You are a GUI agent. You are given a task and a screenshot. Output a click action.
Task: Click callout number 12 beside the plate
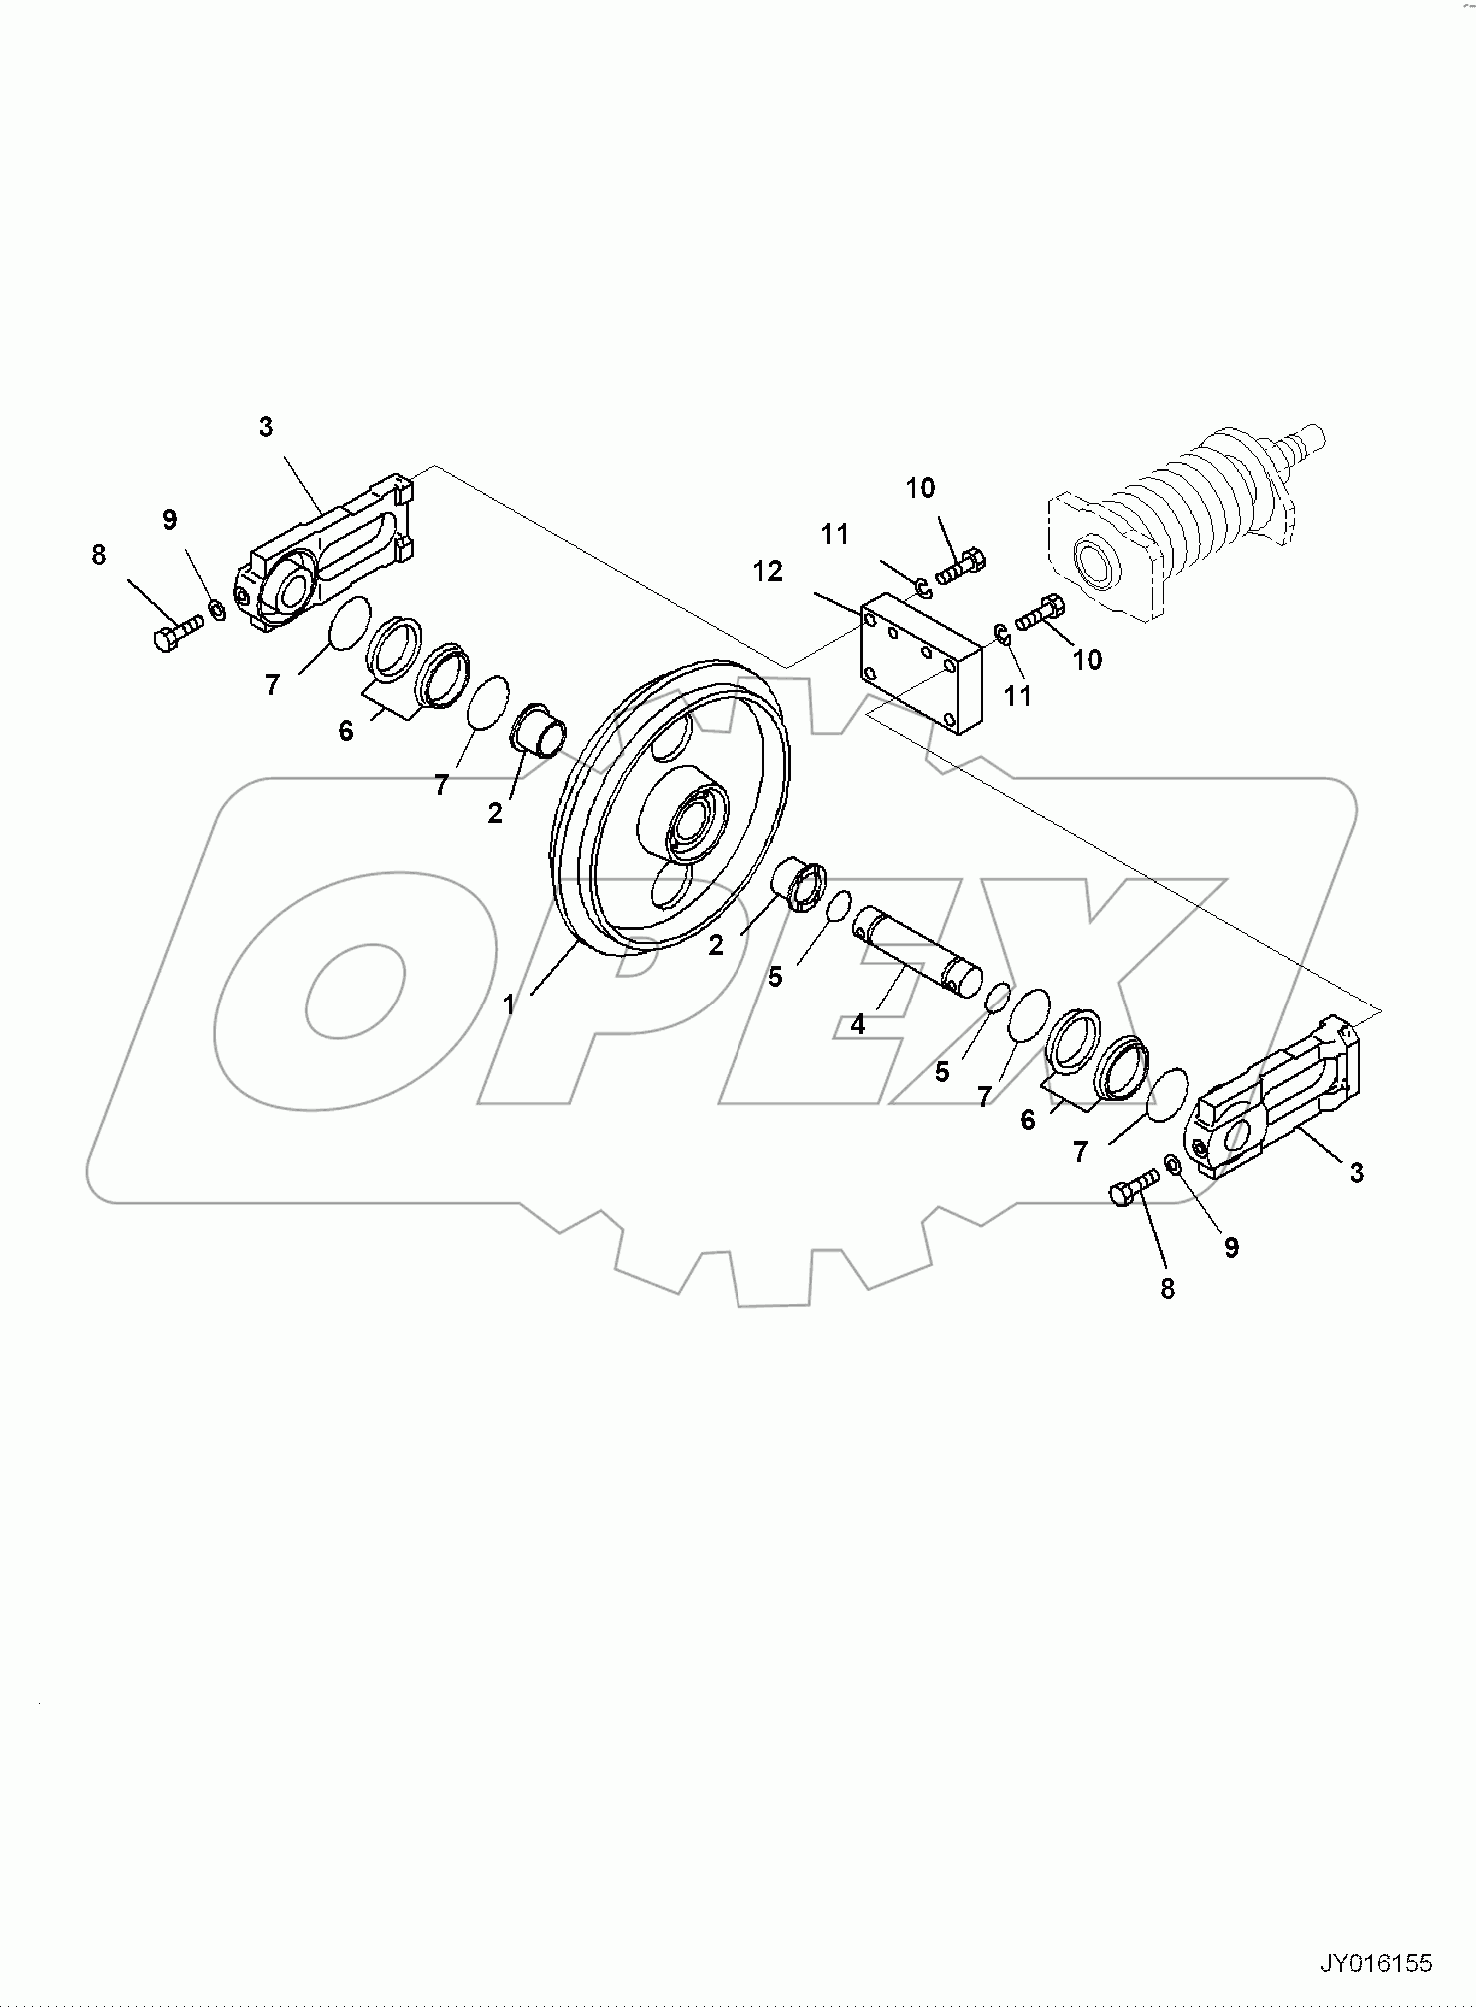(768, 572)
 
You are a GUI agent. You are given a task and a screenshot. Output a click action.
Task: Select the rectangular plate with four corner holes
(920, 664)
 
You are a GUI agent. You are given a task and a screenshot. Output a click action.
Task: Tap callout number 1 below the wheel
(509, 1003)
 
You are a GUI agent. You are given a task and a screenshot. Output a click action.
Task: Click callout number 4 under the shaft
(858, 1024)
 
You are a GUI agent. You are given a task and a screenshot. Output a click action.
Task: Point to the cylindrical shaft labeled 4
(917, 952)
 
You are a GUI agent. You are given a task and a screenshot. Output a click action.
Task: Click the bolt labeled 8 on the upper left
(177, 633)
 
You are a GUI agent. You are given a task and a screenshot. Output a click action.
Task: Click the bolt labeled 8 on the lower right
(1132, 1190)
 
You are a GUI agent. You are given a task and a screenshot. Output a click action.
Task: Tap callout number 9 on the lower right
(1231, 1247)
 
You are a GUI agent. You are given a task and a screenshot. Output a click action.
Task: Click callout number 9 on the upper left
(169, 519)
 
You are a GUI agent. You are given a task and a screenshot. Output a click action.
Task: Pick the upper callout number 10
(920, 488)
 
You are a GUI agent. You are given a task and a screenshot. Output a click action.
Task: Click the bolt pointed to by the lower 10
(1040, 611)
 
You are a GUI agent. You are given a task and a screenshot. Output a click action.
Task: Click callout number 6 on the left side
(346, 731)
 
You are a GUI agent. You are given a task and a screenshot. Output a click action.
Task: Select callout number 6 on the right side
(1028, 1120)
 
